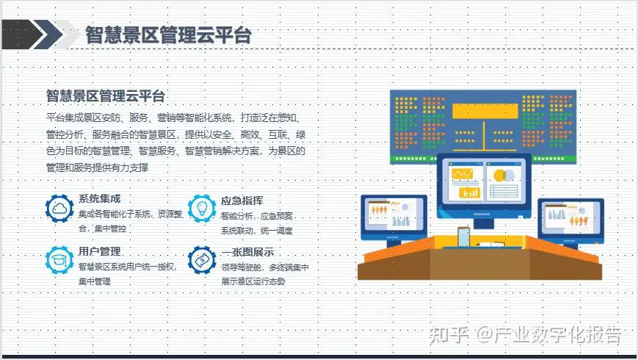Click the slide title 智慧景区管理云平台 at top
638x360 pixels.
[x=168, y=35]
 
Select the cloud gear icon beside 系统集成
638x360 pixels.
[x=59, y=208]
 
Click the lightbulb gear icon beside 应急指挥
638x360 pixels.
[x=202, y=208]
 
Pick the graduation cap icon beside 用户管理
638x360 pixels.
[x=59, y=260]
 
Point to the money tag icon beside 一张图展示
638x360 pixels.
[x=202, y=260]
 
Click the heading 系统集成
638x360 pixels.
[x=99, y=198]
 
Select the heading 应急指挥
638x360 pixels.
[x=242, y=201]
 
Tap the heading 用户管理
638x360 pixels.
[x=100, y=251]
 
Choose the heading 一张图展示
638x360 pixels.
[x=247, y=252]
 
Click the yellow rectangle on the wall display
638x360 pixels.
[x=485, y=111]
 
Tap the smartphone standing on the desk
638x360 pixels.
[x=463, y=237]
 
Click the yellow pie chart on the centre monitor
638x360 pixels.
[x=500, y=176]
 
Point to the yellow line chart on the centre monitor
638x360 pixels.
[x=463, y=174]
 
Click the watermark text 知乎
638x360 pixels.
[x=449, y=335]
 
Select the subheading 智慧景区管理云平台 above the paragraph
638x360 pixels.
[x=106, y=96]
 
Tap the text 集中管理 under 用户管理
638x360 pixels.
[x=95, y=281]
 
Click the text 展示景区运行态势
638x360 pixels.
[x=253, y=281]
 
